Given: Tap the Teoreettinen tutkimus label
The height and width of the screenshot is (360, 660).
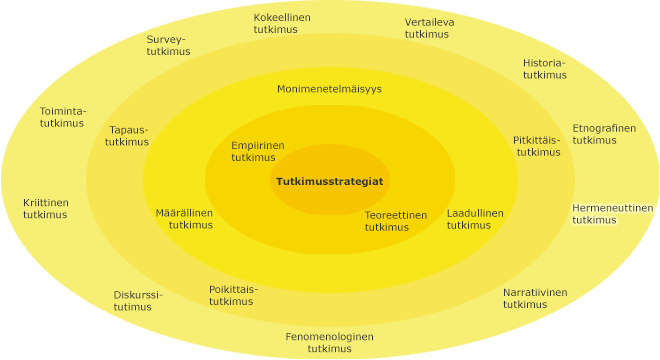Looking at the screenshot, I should (395, 221).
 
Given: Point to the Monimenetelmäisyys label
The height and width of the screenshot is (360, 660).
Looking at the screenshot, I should (329, 89).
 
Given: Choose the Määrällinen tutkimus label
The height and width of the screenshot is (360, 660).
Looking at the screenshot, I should (184, 219).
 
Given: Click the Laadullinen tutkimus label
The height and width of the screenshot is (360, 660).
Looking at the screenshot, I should (475, 219).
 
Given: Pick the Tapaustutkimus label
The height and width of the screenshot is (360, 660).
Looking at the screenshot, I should (128, 136).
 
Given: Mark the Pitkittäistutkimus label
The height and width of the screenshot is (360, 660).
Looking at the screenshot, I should (537, 146).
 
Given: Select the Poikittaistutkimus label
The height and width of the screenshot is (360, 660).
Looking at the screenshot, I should (233, 295).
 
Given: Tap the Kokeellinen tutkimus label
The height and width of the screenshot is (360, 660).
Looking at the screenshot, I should (282, 24).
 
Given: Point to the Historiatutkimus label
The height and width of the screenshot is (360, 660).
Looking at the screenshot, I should (544, 68).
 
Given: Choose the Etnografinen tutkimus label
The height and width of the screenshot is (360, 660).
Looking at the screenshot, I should (603, 134).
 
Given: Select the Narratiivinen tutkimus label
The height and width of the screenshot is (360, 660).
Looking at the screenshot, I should (534, 298).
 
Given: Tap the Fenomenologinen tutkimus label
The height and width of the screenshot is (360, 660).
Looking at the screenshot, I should (329, 342).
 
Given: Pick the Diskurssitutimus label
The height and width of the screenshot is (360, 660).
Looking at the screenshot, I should (138, 300).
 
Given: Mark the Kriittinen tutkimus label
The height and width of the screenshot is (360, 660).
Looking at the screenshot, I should (46, 208).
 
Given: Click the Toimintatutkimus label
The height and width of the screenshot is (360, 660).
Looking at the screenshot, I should (62, 116).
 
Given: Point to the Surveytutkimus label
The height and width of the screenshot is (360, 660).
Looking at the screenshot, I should (167, 46).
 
